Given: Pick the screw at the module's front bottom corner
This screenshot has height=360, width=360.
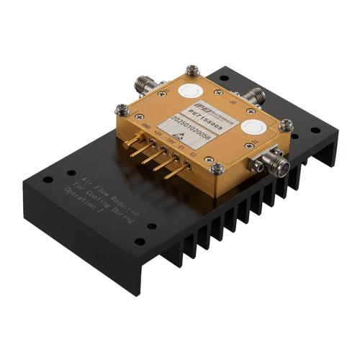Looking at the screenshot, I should coord(216,168).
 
